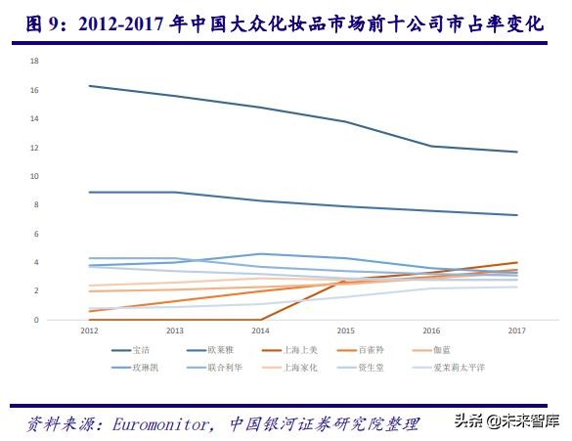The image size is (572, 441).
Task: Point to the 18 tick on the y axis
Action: coord(33,61)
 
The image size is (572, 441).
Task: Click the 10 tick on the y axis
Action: coord(33,176)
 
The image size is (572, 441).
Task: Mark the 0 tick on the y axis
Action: coord(35,320)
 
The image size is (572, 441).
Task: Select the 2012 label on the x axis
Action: coord(89,331)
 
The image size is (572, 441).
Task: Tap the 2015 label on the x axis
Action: coord(344,331)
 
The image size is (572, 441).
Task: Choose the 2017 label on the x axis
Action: coord(515,331)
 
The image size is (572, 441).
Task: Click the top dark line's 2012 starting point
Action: coord(89,86)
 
